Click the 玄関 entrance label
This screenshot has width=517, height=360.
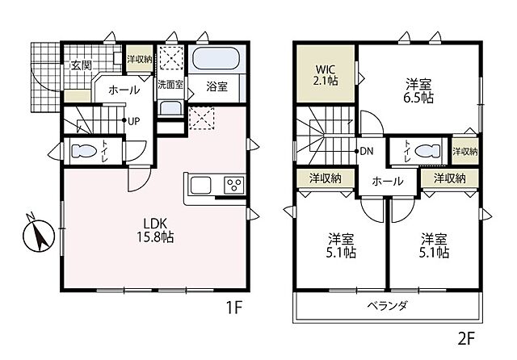click(x=79, y=65)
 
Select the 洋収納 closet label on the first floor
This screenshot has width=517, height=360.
click(x=138, y=59)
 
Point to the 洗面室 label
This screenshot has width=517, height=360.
click(x=170, y=84)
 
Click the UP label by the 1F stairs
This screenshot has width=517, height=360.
click(x=135, y=121)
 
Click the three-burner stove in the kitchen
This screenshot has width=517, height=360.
click(x=233, y=185)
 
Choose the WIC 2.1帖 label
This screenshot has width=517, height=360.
click(x=326, y=75)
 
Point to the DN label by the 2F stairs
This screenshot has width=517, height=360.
click(x=365, y=151)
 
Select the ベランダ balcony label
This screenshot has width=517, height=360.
click(x=392, y=306)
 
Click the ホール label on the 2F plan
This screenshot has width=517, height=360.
click(x=387, y=182)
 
